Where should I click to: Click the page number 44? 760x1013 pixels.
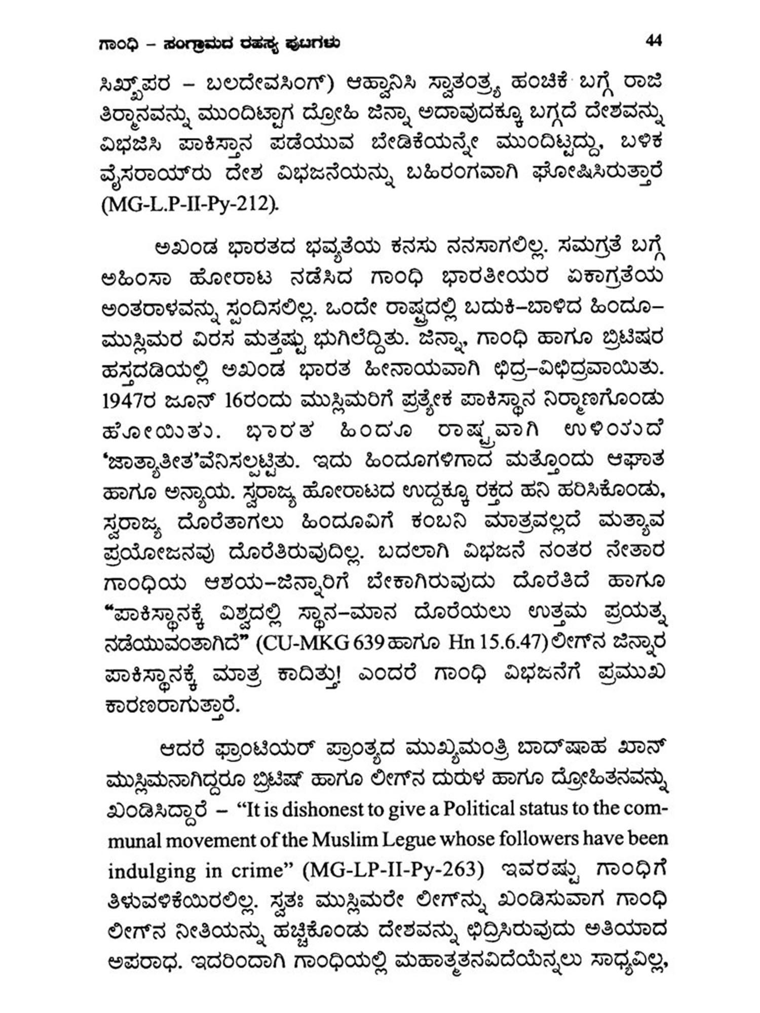pyautogui.click(x=654, y=41)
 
